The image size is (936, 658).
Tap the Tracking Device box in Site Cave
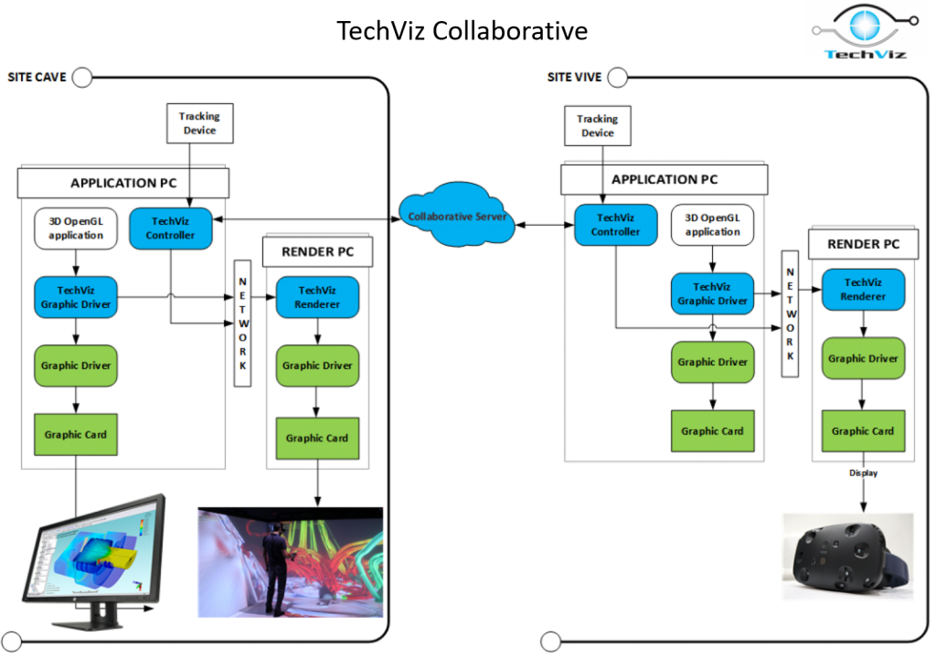tap(199, 123)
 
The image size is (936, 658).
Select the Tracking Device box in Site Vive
tap(598, 125)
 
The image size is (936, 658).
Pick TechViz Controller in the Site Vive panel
tap(615, 225)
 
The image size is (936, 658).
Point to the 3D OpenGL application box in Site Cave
tap(76, 228)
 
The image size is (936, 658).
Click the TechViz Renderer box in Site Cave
tap(317, 297)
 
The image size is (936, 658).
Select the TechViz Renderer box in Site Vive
tap(863, 290)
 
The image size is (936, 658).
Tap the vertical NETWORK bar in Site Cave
tap(242, 322)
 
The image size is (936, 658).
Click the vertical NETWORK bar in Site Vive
tap(789, 313)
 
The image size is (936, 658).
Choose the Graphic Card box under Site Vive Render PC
tap(863, 430)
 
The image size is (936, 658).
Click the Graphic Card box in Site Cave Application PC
tap(76, 434)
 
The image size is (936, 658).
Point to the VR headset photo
tap(847, 556)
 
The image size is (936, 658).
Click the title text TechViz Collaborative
tap(462, 31)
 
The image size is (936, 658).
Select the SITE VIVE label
tap(574, 77)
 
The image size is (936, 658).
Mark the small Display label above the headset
tap(863, 473)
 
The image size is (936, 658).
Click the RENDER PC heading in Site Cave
tap(317, 251)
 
